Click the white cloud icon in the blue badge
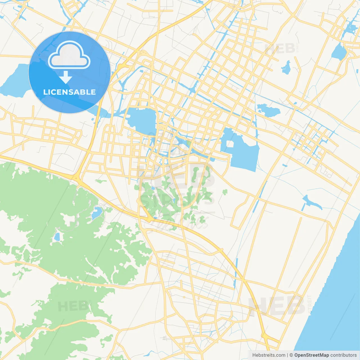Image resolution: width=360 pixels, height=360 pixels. point(69,55)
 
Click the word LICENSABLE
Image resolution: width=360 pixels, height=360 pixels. point(69,92)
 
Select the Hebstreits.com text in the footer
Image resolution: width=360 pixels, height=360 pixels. point(269,355)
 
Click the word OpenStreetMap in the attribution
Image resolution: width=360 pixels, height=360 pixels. point(311,355)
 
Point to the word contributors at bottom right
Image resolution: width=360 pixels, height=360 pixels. point(343,355)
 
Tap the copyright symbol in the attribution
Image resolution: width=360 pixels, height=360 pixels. point(291,355)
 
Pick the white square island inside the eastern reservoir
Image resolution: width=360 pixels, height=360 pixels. point(230,144)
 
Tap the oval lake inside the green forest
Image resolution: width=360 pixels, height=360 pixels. point(96,213)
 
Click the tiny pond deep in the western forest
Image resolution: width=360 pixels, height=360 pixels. point(57,237)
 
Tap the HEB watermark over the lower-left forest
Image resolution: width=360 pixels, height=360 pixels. point(74,306)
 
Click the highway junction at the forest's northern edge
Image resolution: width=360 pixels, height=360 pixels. point(77,179)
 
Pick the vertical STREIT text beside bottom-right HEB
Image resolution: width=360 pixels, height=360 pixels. point(310,305)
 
